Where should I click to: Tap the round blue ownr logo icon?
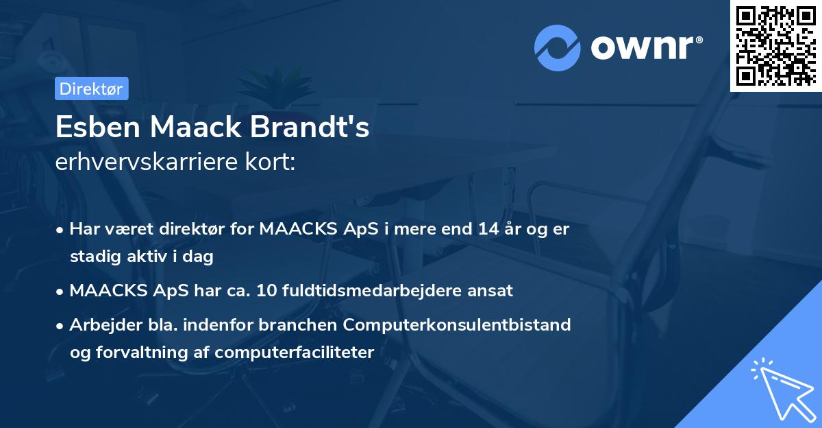[x=557, y=48]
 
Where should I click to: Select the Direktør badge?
[x=91, y=88]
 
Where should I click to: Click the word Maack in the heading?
[x=197, y=128]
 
